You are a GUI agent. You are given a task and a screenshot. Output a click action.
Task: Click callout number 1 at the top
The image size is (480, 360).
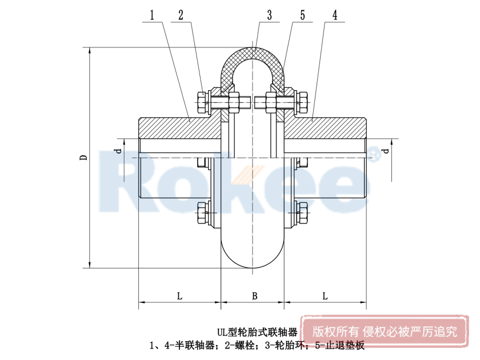coord(152,15)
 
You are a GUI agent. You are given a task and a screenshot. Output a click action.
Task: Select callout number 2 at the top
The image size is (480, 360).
coord(181,15)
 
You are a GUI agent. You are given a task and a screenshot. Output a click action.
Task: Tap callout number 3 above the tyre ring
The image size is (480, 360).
coord(269,15)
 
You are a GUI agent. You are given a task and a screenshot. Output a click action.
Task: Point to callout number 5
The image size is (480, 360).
coord(302,15)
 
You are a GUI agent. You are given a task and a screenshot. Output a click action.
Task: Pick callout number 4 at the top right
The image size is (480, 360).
coord(335,15)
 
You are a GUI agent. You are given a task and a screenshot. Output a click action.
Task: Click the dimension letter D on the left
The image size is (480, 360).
coord(83,158)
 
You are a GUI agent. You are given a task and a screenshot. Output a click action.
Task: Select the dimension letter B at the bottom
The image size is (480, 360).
coord(254,296)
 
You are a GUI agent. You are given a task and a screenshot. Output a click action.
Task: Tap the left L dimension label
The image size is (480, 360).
coord(179,296)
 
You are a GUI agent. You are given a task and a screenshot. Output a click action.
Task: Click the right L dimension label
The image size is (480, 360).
coord(325,296)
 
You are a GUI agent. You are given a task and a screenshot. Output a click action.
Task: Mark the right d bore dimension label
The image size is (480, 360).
coord(386,151)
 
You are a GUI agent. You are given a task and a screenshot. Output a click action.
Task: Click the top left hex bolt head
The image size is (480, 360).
coord(201,102)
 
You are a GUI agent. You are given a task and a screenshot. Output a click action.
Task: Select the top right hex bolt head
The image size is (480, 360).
coord(303,102)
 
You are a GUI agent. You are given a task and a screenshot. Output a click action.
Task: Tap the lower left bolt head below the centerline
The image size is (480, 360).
coord(201,213)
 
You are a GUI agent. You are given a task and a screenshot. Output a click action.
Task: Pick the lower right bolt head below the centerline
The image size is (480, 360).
coord(303,213)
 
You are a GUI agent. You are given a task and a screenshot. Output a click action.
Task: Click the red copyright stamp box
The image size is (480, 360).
coord(385,331)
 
